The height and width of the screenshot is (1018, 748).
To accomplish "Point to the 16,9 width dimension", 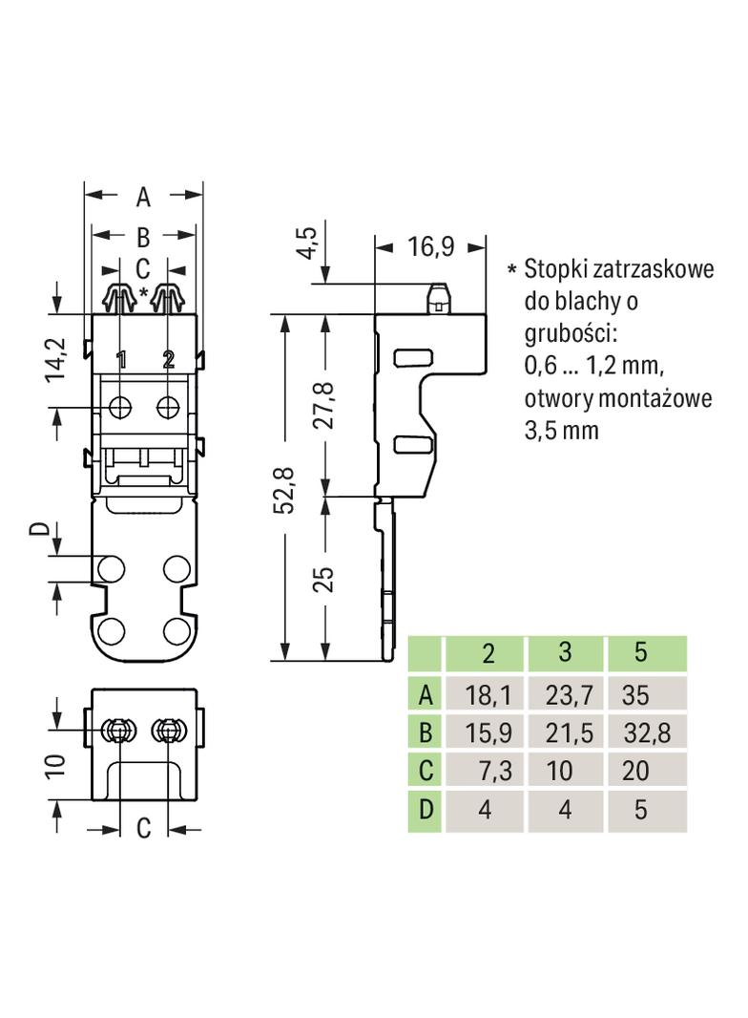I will pos(431,246).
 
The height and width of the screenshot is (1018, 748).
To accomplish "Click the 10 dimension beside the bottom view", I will pos(58,765).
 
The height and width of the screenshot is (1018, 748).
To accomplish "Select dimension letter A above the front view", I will pos(143,197).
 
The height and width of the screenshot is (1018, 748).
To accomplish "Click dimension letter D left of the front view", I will pos(58,531).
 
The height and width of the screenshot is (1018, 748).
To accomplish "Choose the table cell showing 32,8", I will pos(646,732).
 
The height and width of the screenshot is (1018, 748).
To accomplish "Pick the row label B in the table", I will pos(426,732).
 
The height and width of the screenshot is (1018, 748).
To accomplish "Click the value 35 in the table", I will pos(634,693).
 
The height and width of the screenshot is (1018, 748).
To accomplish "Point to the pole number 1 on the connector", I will pos(121,360).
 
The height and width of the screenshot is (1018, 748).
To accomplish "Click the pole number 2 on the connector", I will pos(168,360).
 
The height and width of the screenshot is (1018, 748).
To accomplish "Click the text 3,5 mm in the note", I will pos(561,430).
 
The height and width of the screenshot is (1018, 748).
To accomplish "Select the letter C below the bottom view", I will pos(143,828).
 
